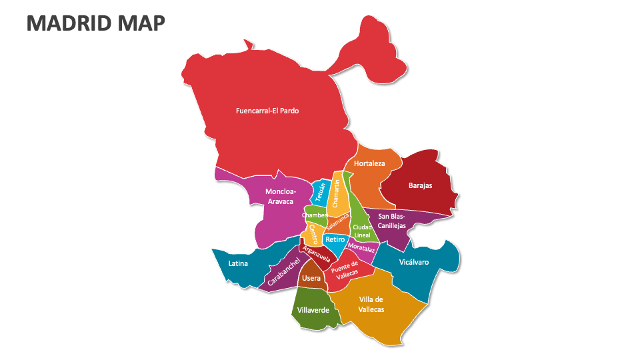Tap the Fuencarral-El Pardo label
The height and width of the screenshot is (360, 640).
click(x=267, y=111)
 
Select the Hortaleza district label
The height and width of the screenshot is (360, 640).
click(x=369, y=163)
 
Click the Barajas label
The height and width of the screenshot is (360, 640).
click(x=420, y=185)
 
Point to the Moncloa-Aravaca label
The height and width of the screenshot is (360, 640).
click(x=280, y=196)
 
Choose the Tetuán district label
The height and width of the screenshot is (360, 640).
click(x=321, y=193)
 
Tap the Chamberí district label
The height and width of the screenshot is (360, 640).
click(x=315, y=215)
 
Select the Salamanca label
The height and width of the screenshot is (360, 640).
click(x=338, y=223)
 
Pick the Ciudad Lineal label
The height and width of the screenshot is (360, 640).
click(x=362, y=231)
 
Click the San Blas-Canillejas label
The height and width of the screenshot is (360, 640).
click(x=391, y=221)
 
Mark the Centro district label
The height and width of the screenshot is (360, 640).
click(x=313, y=234)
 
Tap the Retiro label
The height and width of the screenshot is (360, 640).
click(x=335, y=239)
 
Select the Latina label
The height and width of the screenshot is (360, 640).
click(x=238, y=263)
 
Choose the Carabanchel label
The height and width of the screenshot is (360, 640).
click(x=283, y=273)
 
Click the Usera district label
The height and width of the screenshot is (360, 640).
click(x=311, y=278)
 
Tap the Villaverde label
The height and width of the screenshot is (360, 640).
click(x=313, y=310)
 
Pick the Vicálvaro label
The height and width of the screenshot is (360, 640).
click(x=413, y=262)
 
